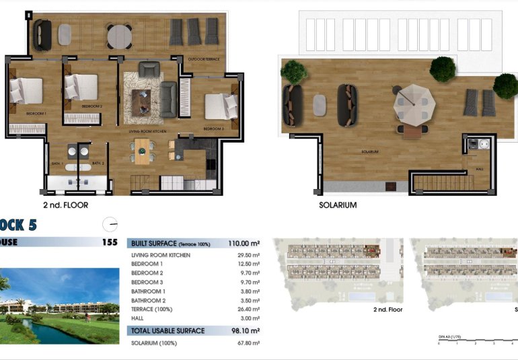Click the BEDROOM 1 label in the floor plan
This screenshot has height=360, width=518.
click(x=36, y=114)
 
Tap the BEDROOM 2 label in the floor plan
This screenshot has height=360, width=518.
click(x=91, y=106)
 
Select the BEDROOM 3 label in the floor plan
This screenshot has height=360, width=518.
click(x=213, y=128)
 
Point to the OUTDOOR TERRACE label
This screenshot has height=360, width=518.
click(x=203, y=59)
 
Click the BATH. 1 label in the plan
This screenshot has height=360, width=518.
click(x=57, y=164)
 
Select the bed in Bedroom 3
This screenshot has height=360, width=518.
click(x=221, y=106)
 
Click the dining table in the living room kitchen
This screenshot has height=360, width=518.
click(x=142, y=151)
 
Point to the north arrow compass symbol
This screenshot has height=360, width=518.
click(x=110, y=224)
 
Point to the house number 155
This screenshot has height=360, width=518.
click(x=110, y=242)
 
